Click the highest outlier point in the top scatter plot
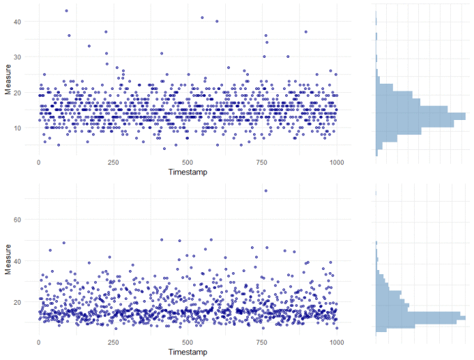(66, 10)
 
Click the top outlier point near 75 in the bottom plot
(266, 190)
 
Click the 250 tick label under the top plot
(113, 162)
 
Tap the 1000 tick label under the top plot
(337, 162)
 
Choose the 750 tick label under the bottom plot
(262, 343)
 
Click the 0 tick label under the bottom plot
(38, 343)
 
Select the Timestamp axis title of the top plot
(188, 171)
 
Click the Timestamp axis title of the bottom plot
(188, 352)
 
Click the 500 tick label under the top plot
(188, 162)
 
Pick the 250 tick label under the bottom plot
(113, 343)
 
